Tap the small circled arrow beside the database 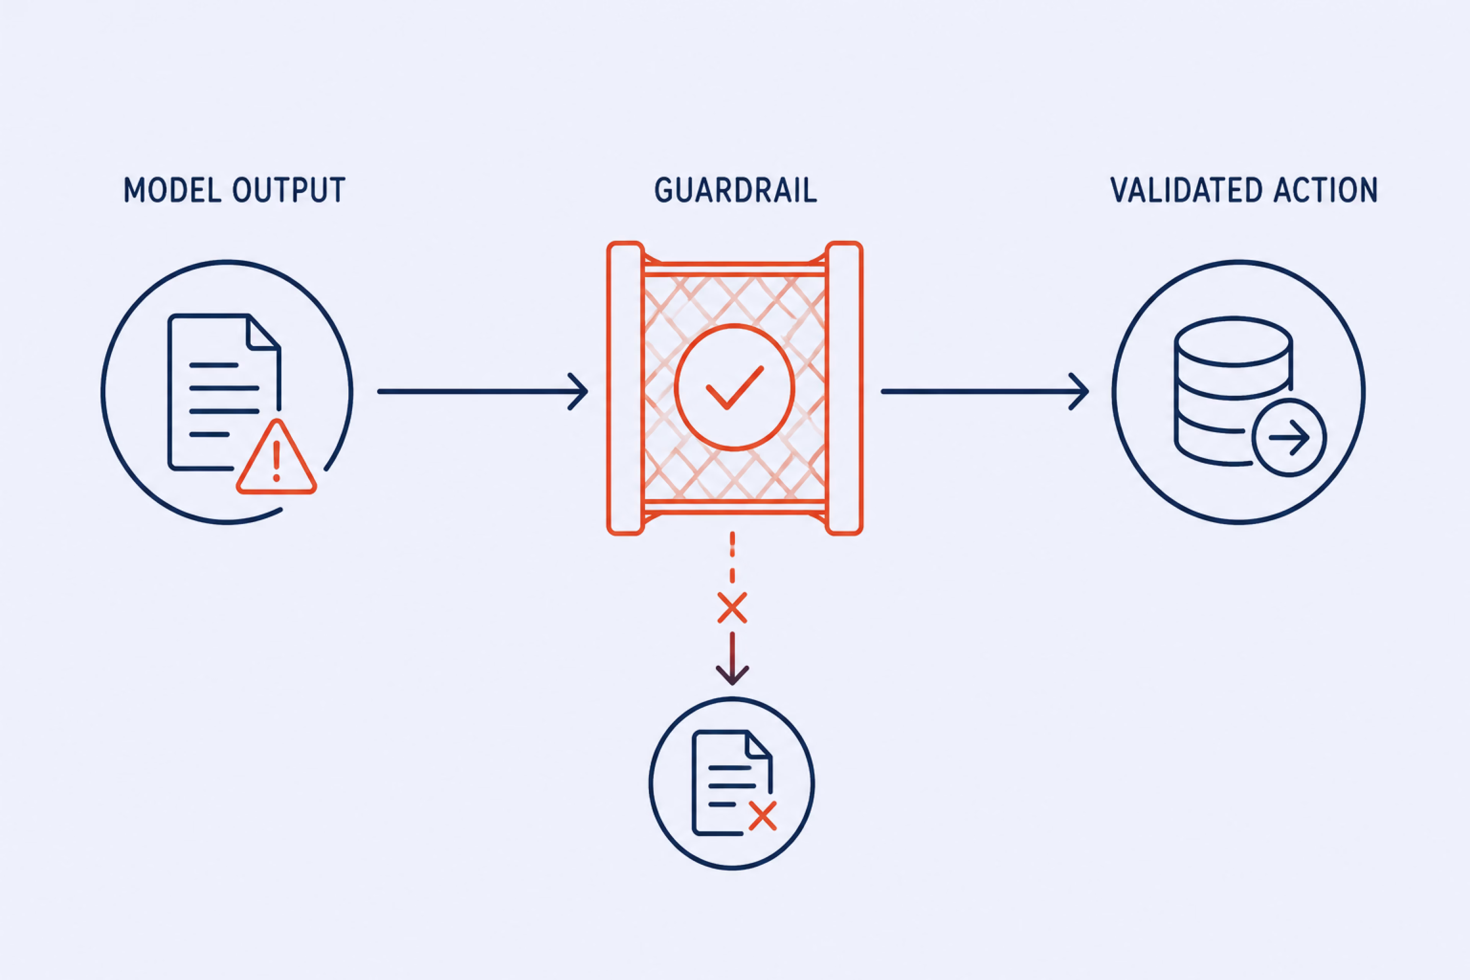1289,438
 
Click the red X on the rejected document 763,816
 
